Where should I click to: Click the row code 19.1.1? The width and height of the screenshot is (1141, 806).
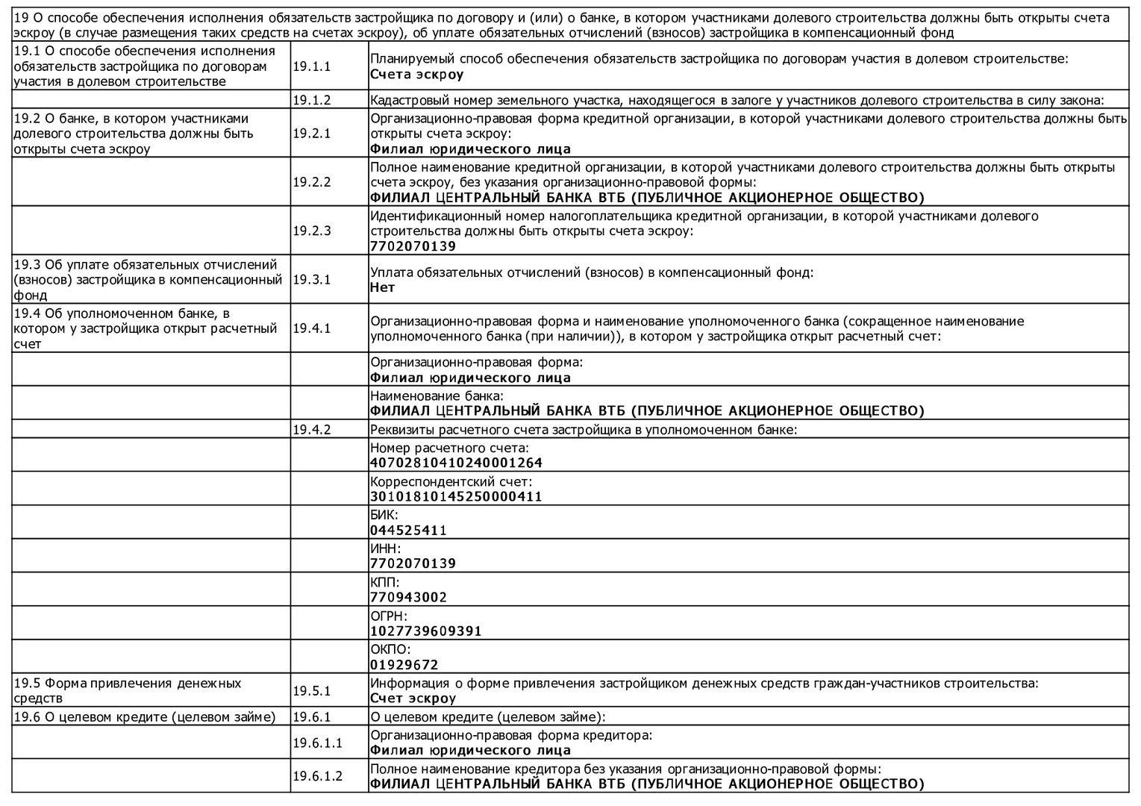click(x=311, y=66)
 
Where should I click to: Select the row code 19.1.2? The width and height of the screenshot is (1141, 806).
click(x=311, y=100)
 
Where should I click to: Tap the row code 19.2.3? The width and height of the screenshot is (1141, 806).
click(x=311, y=231)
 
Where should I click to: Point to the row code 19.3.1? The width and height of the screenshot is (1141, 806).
click(x=311, y=279)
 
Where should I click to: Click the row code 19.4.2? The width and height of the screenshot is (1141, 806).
click(x=311, y=429)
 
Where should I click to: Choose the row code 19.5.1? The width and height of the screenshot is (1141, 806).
click(x=311, y=690)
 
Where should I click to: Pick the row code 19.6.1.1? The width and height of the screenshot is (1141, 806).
click(x=317, y=743)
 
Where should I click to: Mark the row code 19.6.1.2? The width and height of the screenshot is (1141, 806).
click(x=317, y=776)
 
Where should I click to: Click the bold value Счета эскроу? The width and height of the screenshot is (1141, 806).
click(x=416, y=75)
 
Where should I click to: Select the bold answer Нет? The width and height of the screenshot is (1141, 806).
click(x=382, y=287)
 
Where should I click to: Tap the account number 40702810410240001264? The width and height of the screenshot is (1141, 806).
click(x=456, y=463)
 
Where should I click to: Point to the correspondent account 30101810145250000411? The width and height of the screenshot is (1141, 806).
click(x=456, y=496)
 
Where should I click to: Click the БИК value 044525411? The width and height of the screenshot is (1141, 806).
click(x=408, y=531)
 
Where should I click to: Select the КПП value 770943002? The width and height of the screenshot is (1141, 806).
click(x=408, y=597)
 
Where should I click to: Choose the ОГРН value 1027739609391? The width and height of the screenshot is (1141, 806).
click(x=425, y=631)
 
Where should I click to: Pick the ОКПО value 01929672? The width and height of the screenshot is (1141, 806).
click(x=404, y=665)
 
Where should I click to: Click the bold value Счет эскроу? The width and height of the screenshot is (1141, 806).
click(x=413, y=699)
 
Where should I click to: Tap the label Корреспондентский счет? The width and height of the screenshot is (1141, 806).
click(x=451, y=481)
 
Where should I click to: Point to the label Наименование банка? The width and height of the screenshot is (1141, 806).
click(x=437, y=396)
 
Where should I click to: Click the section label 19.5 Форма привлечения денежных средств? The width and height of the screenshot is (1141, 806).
click(x=128, y=690)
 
